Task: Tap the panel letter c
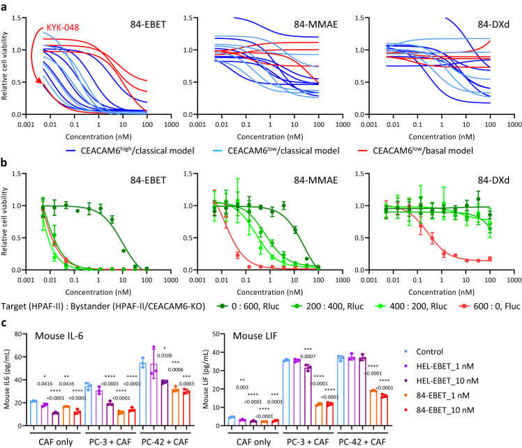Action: [x=5, y=325]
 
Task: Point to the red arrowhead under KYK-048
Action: [x=39, y=81]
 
